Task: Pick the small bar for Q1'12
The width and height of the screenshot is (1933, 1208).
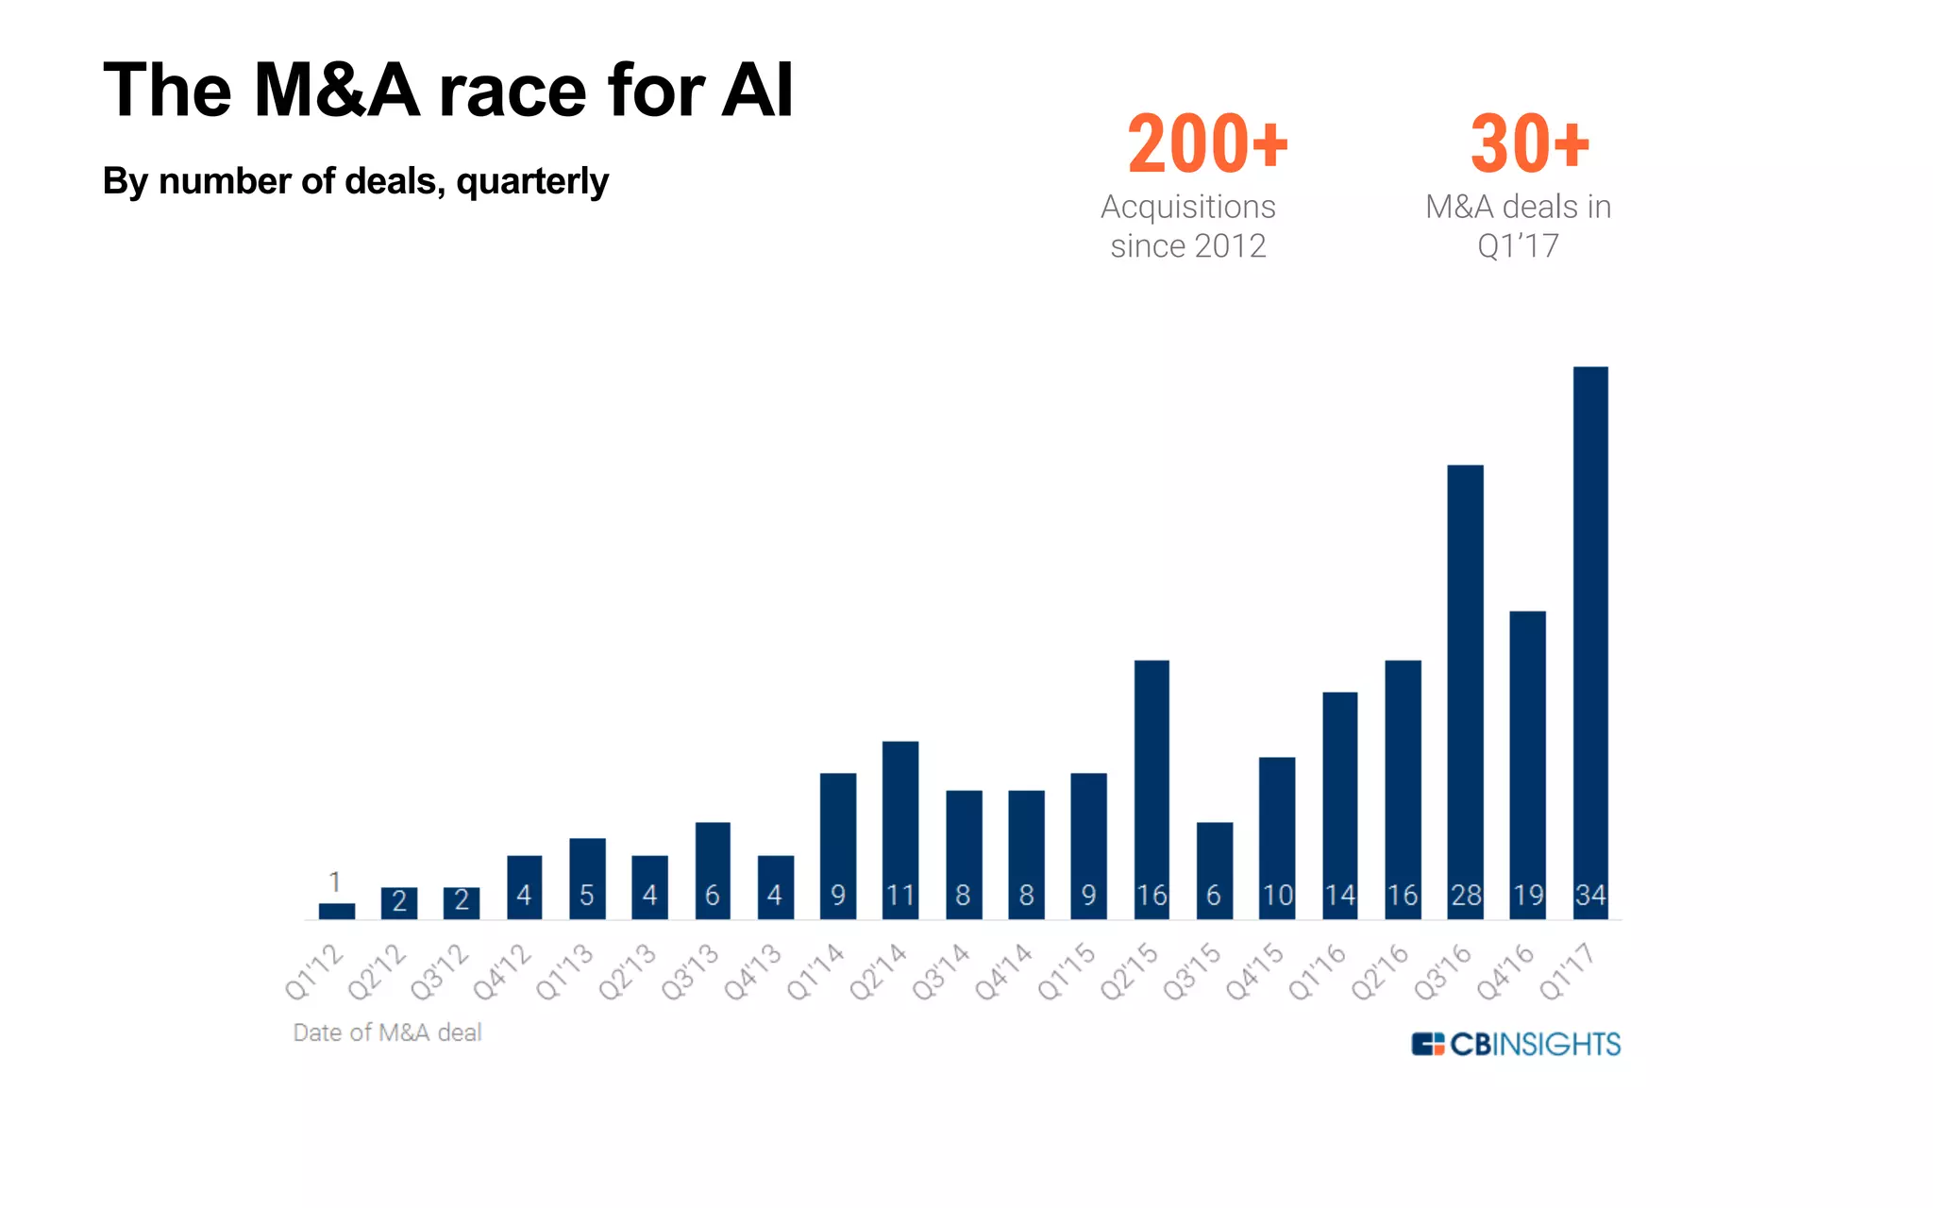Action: [337, 911]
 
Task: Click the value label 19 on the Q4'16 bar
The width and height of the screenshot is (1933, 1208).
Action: [1528, 895]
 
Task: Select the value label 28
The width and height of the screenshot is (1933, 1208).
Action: [1465, 895]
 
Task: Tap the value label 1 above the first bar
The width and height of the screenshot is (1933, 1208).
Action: [335, 882]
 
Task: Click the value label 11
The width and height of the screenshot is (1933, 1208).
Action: [900, 895]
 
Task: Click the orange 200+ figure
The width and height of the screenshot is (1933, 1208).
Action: [1207, 144]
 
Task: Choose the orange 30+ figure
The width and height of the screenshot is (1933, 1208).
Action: [1529, 144]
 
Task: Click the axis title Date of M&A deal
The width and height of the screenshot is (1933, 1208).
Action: [387, 1032]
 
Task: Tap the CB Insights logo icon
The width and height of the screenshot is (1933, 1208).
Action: [1428, 1044]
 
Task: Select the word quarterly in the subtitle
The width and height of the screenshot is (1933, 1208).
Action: [532, 181]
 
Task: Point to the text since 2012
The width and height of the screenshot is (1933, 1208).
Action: [1187, 246]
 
